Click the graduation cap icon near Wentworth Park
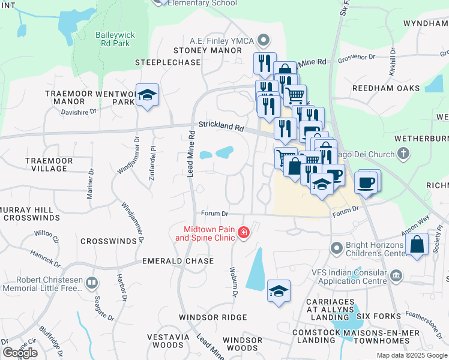click(x=146, y=95)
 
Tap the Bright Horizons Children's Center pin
click(x=336, y=247)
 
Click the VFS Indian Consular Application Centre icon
click(x=396, y=275)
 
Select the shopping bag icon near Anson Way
click(x=417, y=245)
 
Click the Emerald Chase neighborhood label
click(x=178, y=261)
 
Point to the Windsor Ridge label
click(x=212, y=317)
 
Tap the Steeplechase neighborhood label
click(x=167, y=62)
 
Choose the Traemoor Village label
click(x=46, y=164)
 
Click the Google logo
click(x=20, y=353)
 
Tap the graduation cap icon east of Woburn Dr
click(x=279, y=292)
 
